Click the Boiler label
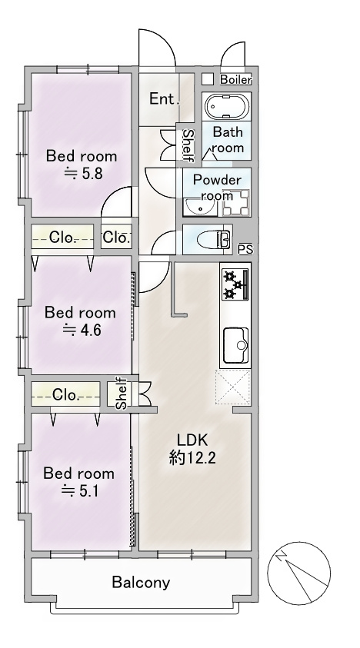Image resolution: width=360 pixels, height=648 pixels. pyautogui.click(x=235, y=79)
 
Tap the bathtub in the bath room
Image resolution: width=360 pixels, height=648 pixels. pyautogui.click(x=227, y=107)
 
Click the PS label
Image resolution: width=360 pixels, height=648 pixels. pyautogui.click(x=245, y=250)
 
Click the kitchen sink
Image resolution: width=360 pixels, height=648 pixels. pyautogui.click(x=236, y=344)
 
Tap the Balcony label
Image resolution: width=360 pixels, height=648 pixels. pyautogui.click(x=141, y=583)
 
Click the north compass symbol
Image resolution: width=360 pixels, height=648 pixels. pyautogui.click(x=298, y=573)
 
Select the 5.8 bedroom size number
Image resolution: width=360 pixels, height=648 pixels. pyautogui.click(x=92, y=174)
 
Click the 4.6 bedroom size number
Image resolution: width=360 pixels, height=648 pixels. pyautogui.click(x=91, y=331)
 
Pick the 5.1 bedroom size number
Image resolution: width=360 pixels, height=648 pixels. pyautogui.click(x=89, y=491)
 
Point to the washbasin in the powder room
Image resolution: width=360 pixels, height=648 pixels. pyautogui.click(x=200, y=207)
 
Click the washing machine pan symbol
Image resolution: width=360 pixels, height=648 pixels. pyautogui.click(x=236, y=203)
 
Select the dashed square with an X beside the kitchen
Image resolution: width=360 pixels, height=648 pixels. pyautogui.click(x=232, y=387)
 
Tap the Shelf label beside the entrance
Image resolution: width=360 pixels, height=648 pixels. pyautogui.click(x=188, y=145)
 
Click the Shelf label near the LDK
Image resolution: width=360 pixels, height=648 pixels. pyautogui.click(x=121, y=393)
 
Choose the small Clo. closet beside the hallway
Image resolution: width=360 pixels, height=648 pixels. pyautogui.click(x=117, y=238)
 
